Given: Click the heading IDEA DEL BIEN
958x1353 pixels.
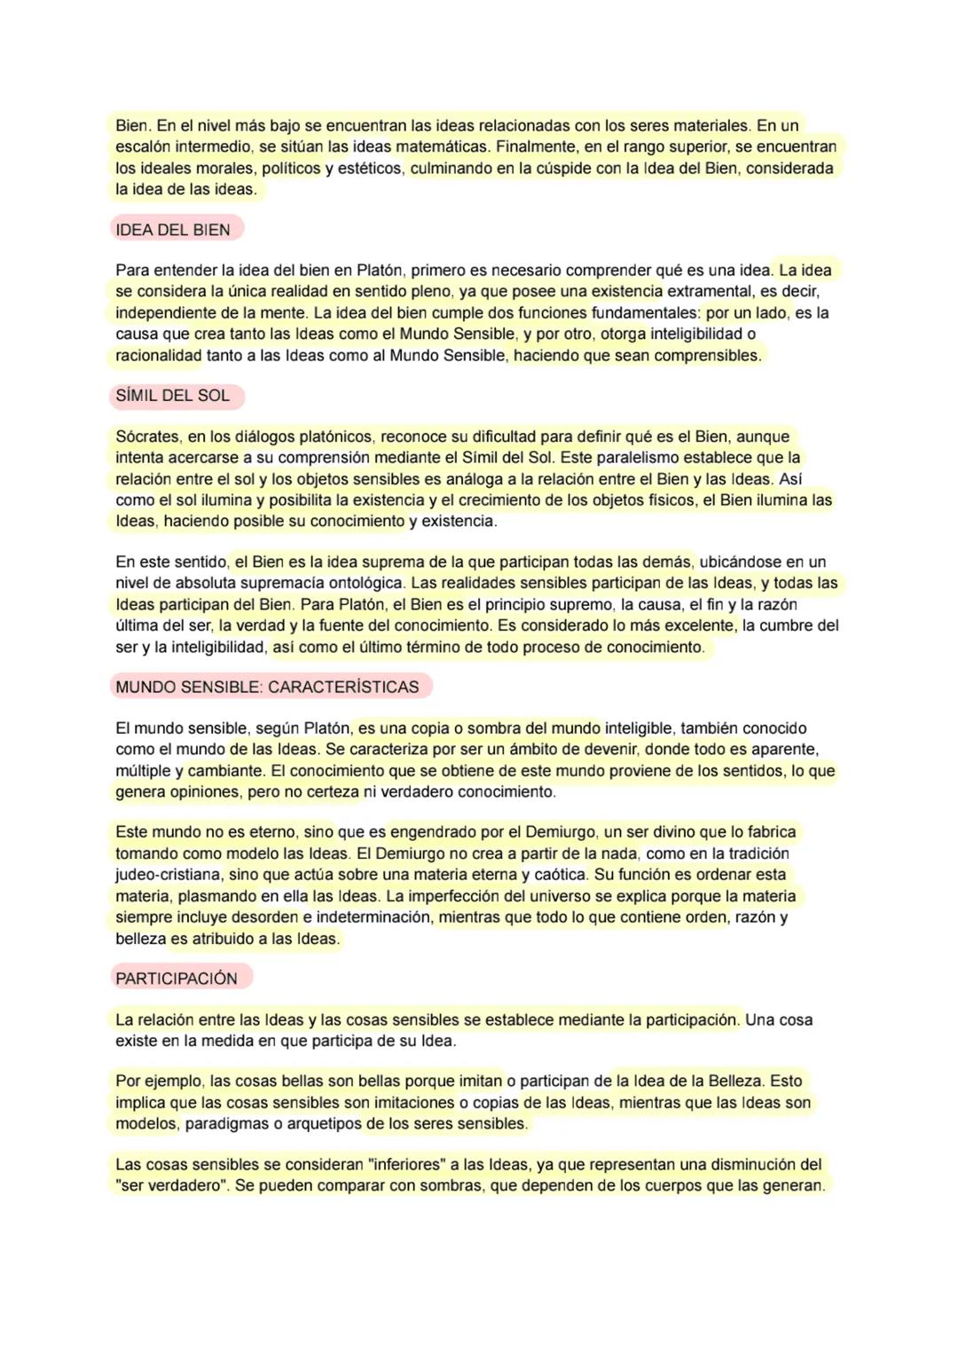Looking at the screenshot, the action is (173, 230).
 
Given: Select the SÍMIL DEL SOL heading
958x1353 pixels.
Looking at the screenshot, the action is (173, 396).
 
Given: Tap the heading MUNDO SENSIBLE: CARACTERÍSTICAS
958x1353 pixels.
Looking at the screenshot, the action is (267, 687).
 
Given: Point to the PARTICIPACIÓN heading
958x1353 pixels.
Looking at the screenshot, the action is (177, 979).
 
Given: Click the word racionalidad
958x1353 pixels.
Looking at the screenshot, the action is (158, 356).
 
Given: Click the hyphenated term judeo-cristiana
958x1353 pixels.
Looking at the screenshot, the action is (168, 875).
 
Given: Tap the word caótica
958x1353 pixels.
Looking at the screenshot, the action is (560, 875).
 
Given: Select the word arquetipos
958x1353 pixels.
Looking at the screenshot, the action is (323, 1123).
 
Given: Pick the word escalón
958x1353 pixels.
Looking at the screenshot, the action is (140, 146).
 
